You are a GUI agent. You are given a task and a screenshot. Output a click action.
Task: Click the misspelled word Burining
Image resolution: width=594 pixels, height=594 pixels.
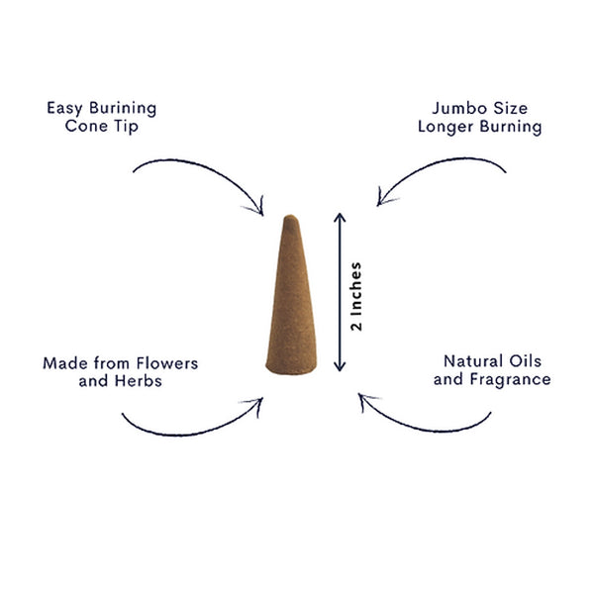123,109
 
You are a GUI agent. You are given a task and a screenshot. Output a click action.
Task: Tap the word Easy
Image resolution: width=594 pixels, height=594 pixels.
64,109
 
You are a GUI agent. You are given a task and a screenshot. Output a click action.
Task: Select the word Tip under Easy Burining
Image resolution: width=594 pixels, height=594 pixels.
127,127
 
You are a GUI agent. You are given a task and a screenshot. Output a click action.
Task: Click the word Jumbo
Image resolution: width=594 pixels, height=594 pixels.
453,108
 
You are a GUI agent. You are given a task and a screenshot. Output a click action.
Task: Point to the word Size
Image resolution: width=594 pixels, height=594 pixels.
505,108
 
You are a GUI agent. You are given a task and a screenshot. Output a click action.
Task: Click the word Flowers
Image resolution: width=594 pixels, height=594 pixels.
167,363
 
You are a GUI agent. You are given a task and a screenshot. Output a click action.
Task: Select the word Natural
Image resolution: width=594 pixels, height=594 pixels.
473,361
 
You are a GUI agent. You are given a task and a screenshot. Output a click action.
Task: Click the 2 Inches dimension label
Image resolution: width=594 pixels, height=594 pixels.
356,296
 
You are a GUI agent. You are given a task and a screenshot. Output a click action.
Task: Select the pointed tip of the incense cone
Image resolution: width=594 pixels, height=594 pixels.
291,217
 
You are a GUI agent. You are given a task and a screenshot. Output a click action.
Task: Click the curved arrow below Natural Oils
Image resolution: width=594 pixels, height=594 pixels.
425,429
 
